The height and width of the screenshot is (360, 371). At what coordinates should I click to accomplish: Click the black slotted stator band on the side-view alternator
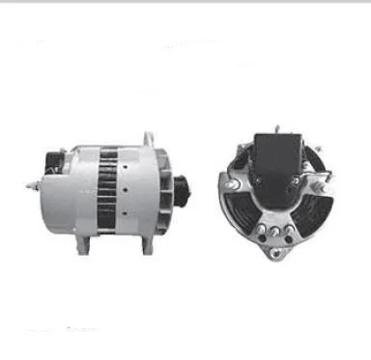[107, 188]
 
